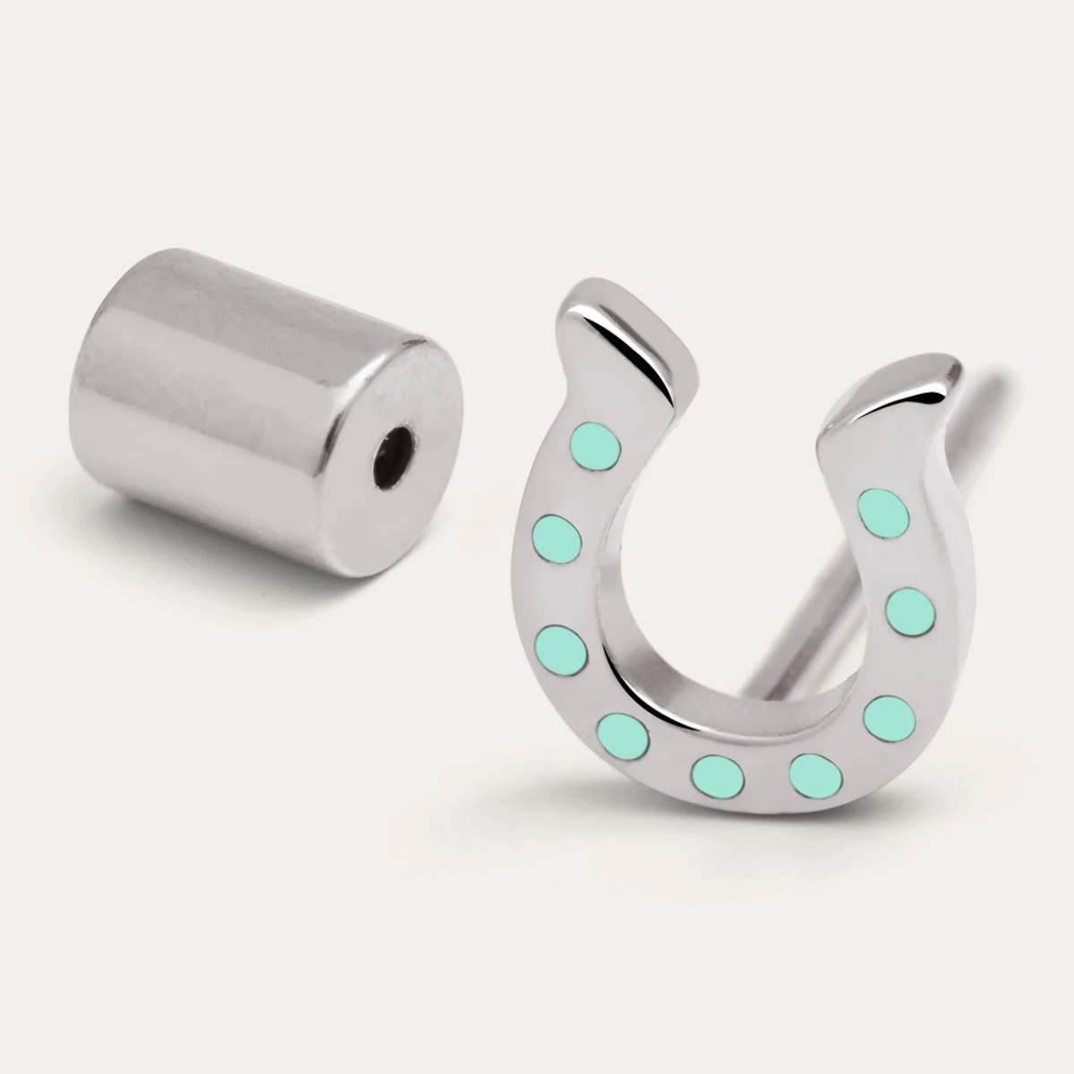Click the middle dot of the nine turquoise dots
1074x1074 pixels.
point(719,774)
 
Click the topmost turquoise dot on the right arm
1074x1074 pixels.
point(884,510)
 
